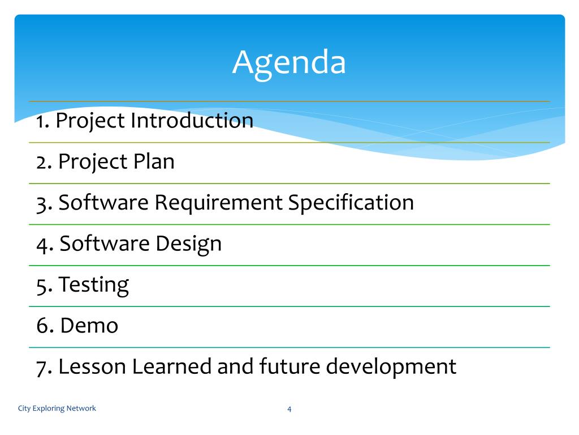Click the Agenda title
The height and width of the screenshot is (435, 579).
(289, 63)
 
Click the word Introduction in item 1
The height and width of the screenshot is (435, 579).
(192, 120)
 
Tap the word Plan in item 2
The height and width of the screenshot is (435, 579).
(154, 161)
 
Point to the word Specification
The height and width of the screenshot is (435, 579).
(351, 203)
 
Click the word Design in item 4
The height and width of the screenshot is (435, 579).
(189, 244)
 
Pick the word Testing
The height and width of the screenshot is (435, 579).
(94, 285)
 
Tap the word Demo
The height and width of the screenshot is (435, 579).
(89, 326)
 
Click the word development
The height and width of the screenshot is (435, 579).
(391, 367)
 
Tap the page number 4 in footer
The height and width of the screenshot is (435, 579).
(289, 409)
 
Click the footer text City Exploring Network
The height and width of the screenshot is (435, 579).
(57, 408)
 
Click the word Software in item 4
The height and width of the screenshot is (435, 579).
(105, 244)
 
